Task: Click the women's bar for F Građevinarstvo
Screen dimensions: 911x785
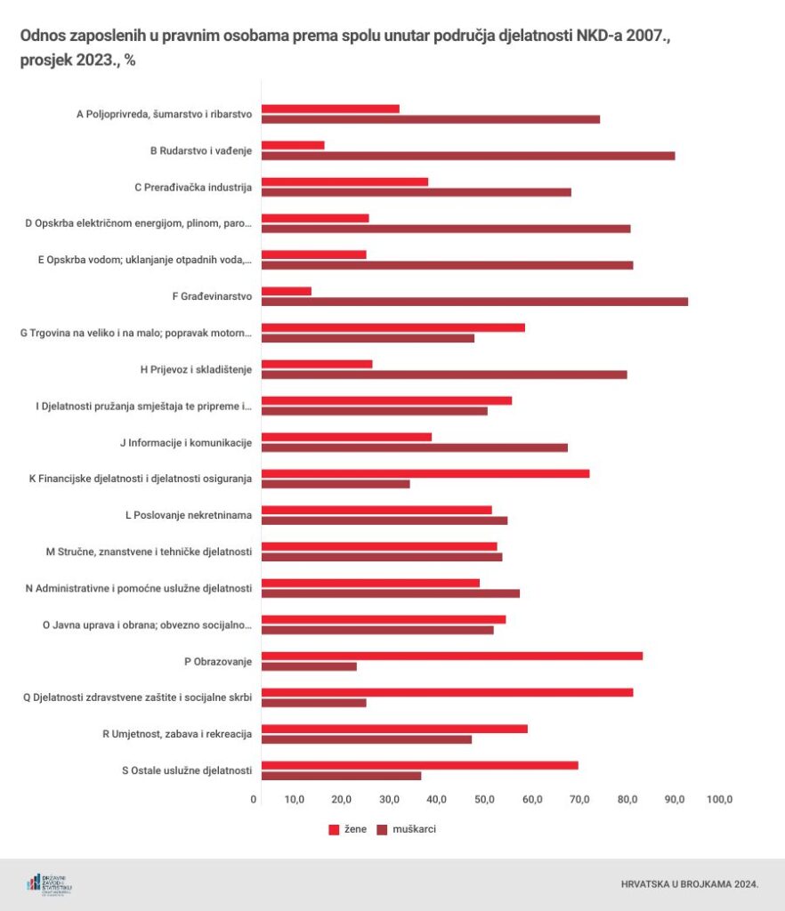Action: click(287, 291)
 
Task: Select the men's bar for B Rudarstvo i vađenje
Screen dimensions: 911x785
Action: click(468, 156)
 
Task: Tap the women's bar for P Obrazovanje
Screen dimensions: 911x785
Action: click(452, 656)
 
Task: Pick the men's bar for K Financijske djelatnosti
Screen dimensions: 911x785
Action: click(336, 484)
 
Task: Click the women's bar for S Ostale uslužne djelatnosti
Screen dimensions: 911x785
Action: click(420, 765)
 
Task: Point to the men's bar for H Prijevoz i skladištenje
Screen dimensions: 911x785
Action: click(444, 375)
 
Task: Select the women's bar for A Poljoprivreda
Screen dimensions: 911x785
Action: click(330, 109)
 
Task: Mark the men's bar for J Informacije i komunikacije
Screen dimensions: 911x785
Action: click(415, 447)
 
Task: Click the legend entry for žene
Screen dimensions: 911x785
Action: click(347, 829)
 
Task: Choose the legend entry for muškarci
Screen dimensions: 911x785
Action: click(406, 829)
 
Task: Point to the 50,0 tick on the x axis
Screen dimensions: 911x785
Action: click(485, 800)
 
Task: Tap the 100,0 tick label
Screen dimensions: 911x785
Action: click(718, 800)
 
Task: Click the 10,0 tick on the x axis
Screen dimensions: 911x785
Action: click(295, 800)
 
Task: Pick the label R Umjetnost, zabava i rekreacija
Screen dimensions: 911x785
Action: click(178, 734)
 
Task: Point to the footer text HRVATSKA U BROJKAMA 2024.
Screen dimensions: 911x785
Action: click(689, 884)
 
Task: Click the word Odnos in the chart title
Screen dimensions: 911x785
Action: click(41, 37)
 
